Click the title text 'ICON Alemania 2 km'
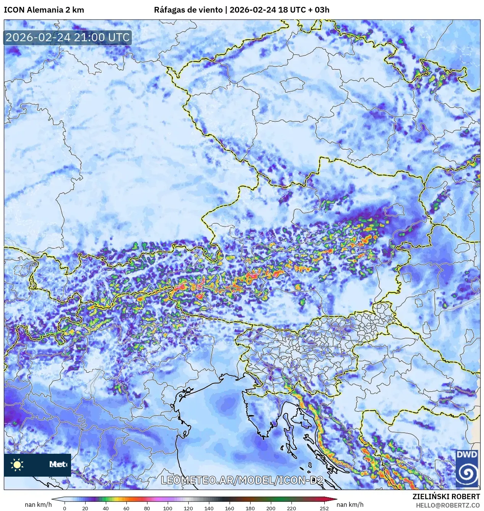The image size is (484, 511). pyautogui.click(x=44, y=10)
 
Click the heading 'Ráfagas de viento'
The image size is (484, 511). pyautogui.click(x=188, y=10)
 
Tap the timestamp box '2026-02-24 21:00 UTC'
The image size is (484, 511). pyautogui.click(x=68, y=37)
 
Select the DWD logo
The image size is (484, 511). pyautogui.click(x=467, y=468)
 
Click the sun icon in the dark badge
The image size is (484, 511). pyautogui.click(x=17, y=464)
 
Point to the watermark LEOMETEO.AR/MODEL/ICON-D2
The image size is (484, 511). pyautogui.click(x=242, y=480)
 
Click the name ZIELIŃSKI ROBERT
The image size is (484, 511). pyautogui.click(x=446, y=496)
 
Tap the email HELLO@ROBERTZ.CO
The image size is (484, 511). pyautogui.click(x=448, y=505)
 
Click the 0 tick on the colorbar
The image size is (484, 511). pyautogui.click(x=64, y=508)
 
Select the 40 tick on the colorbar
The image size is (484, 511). pyautogui.click(x=106, y=508)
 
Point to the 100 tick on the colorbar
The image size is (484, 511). pyautogui.click(x=168, y=508)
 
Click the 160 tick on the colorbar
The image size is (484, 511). pyautogui.click(x=229, y=508)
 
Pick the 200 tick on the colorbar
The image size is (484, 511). pyautogui.click(x=270, y=508)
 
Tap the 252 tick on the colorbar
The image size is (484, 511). pyautogui.click(x=324, y=508)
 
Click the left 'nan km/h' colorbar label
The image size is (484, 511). pyautogui.click(x=38, y=505)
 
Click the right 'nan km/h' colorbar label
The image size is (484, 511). pyautogui.click(x=350, y=505)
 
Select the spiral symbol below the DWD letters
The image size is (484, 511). pyautogui.click(x=467, y=473)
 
